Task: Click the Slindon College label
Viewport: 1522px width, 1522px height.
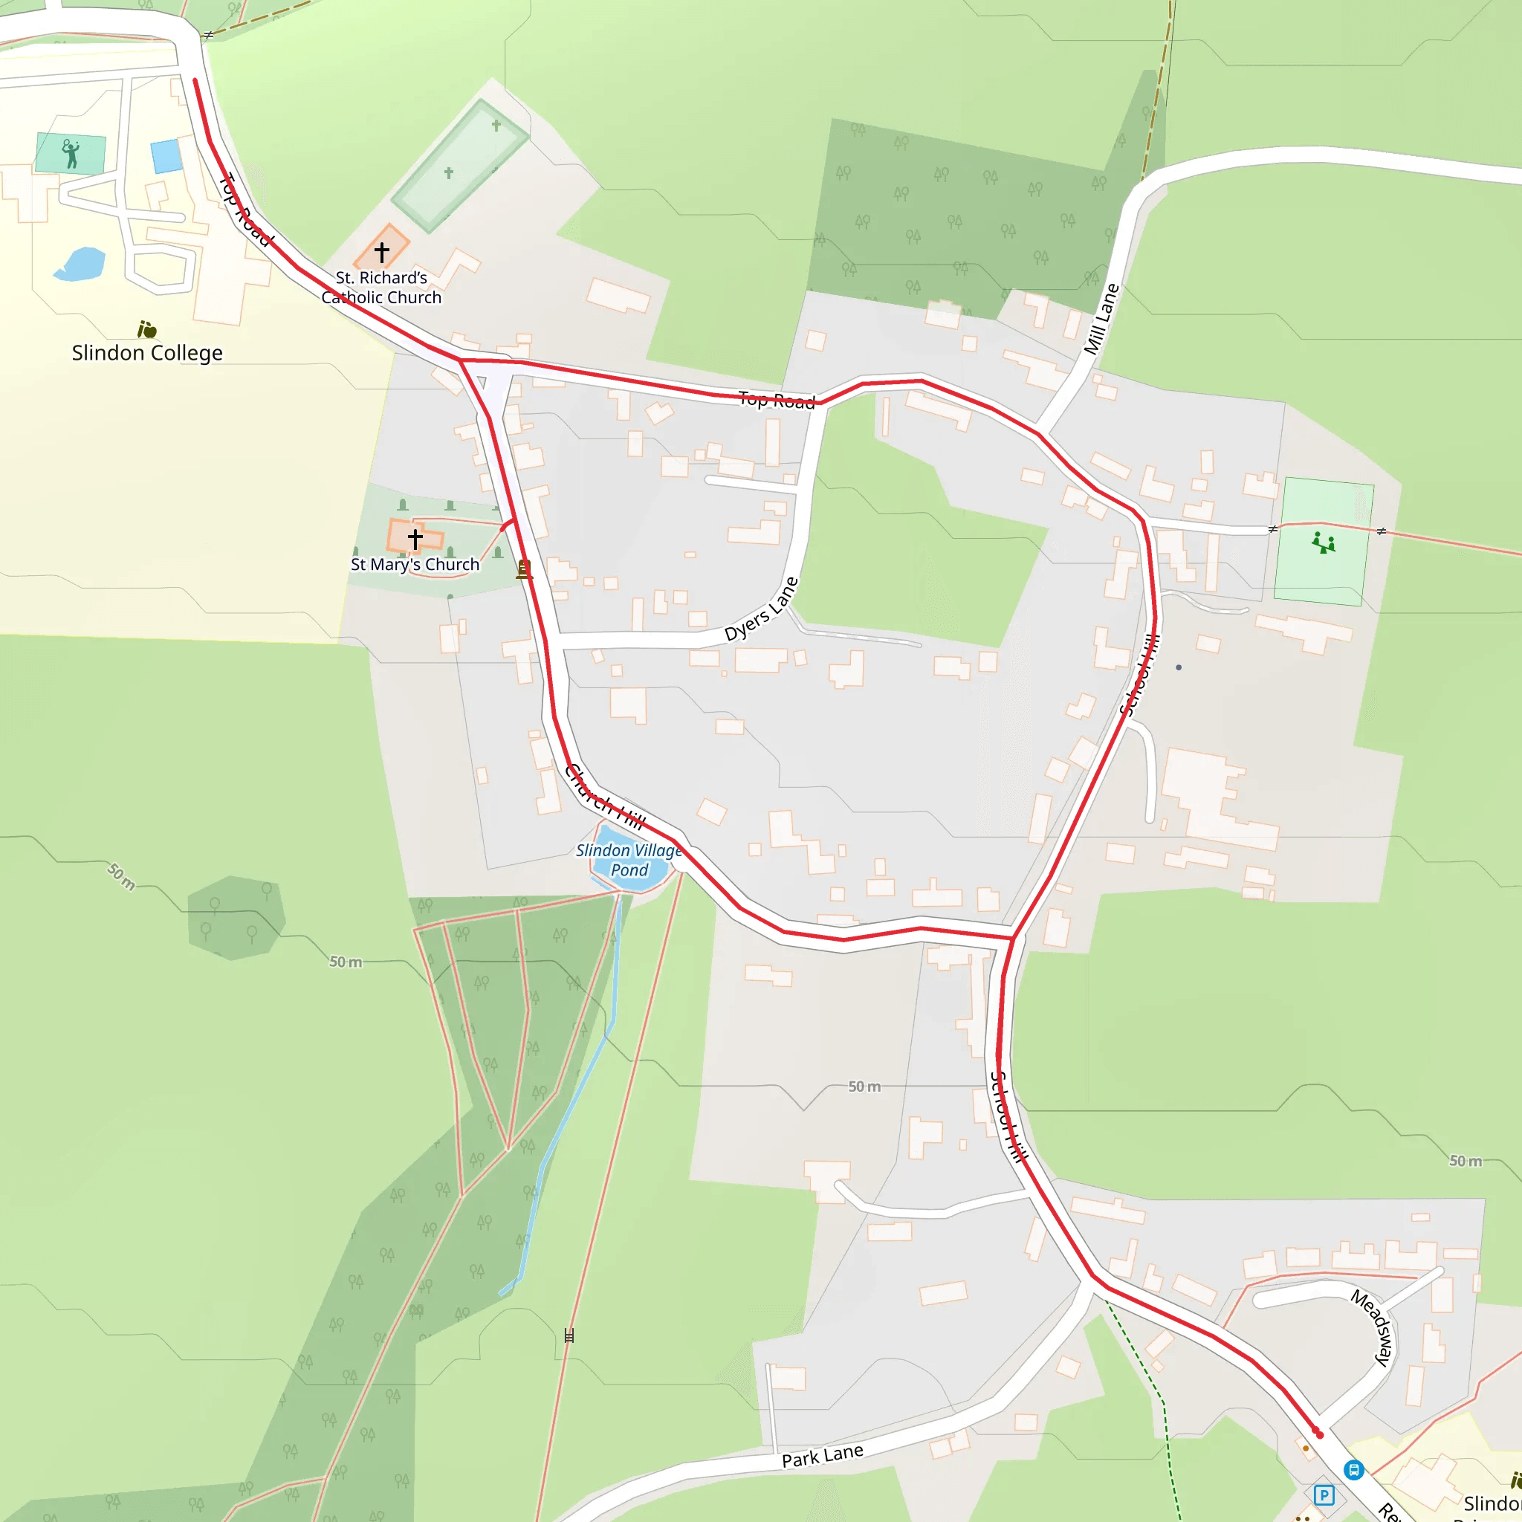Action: [146, 352]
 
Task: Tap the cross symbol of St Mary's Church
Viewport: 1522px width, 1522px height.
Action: [415, 539]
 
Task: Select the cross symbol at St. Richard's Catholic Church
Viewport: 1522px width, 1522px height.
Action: [382, 252]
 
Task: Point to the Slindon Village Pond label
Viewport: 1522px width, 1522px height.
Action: [629, 860]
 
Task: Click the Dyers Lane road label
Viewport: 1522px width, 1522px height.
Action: [761, 609]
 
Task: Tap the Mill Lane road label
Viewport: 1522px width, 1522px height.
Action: [1101, 319]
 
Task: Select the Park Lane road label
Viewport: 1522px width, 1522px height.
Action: [822, 1456]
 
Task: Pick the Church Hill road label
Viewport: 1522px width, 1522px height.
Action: [604, 797]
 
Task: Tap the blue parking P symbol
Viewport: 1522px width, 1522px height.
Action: [1324, 1495]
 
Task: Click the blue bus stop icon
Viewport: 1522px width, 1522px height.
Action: [1353, 1470]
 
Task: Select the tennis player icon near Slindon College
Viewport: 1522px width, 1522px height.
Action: [71, 154]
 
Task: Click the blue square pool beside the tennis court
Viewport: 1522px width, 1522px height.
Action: [166, 156]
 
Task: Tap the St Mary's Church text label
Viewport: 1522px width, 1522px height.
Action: [415, 564]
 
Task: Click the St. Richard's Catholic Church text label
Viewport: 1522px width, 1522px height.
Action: [381, 288]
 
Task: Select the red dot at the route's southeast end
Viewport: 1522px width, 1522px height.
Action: [1319, 1434]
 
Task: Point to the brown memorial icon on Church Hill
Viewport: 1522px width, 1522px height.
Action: [524, 569]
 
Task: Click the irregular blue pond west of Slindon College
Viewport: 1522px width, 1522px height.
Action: [80, 264]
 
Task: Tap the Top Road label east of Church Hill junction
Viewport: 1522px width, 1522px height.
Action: [776, 401]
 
